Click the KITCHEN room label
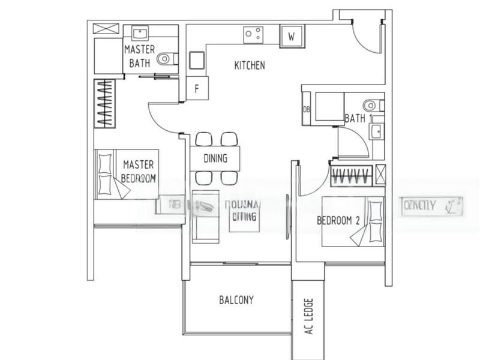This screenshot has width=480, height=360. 250,65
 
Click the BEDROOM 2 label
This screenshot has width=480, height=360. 338,221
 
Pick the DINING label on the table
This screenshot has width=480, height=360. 215,159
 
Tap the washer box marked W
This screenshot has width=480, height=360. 292,36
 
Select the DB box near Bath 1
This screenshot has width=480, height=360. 307,109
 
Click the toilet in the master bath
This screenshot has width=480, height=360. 167,59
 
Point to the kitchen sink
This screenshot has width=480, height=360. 197,60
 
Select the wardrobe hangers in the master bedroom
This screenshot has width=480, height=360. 106,102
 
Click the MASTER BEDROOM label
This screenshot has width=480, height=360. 139,170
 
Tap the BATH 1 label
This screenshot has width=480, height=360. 355,118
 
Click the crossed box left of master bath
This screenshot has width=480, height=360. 105,28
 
